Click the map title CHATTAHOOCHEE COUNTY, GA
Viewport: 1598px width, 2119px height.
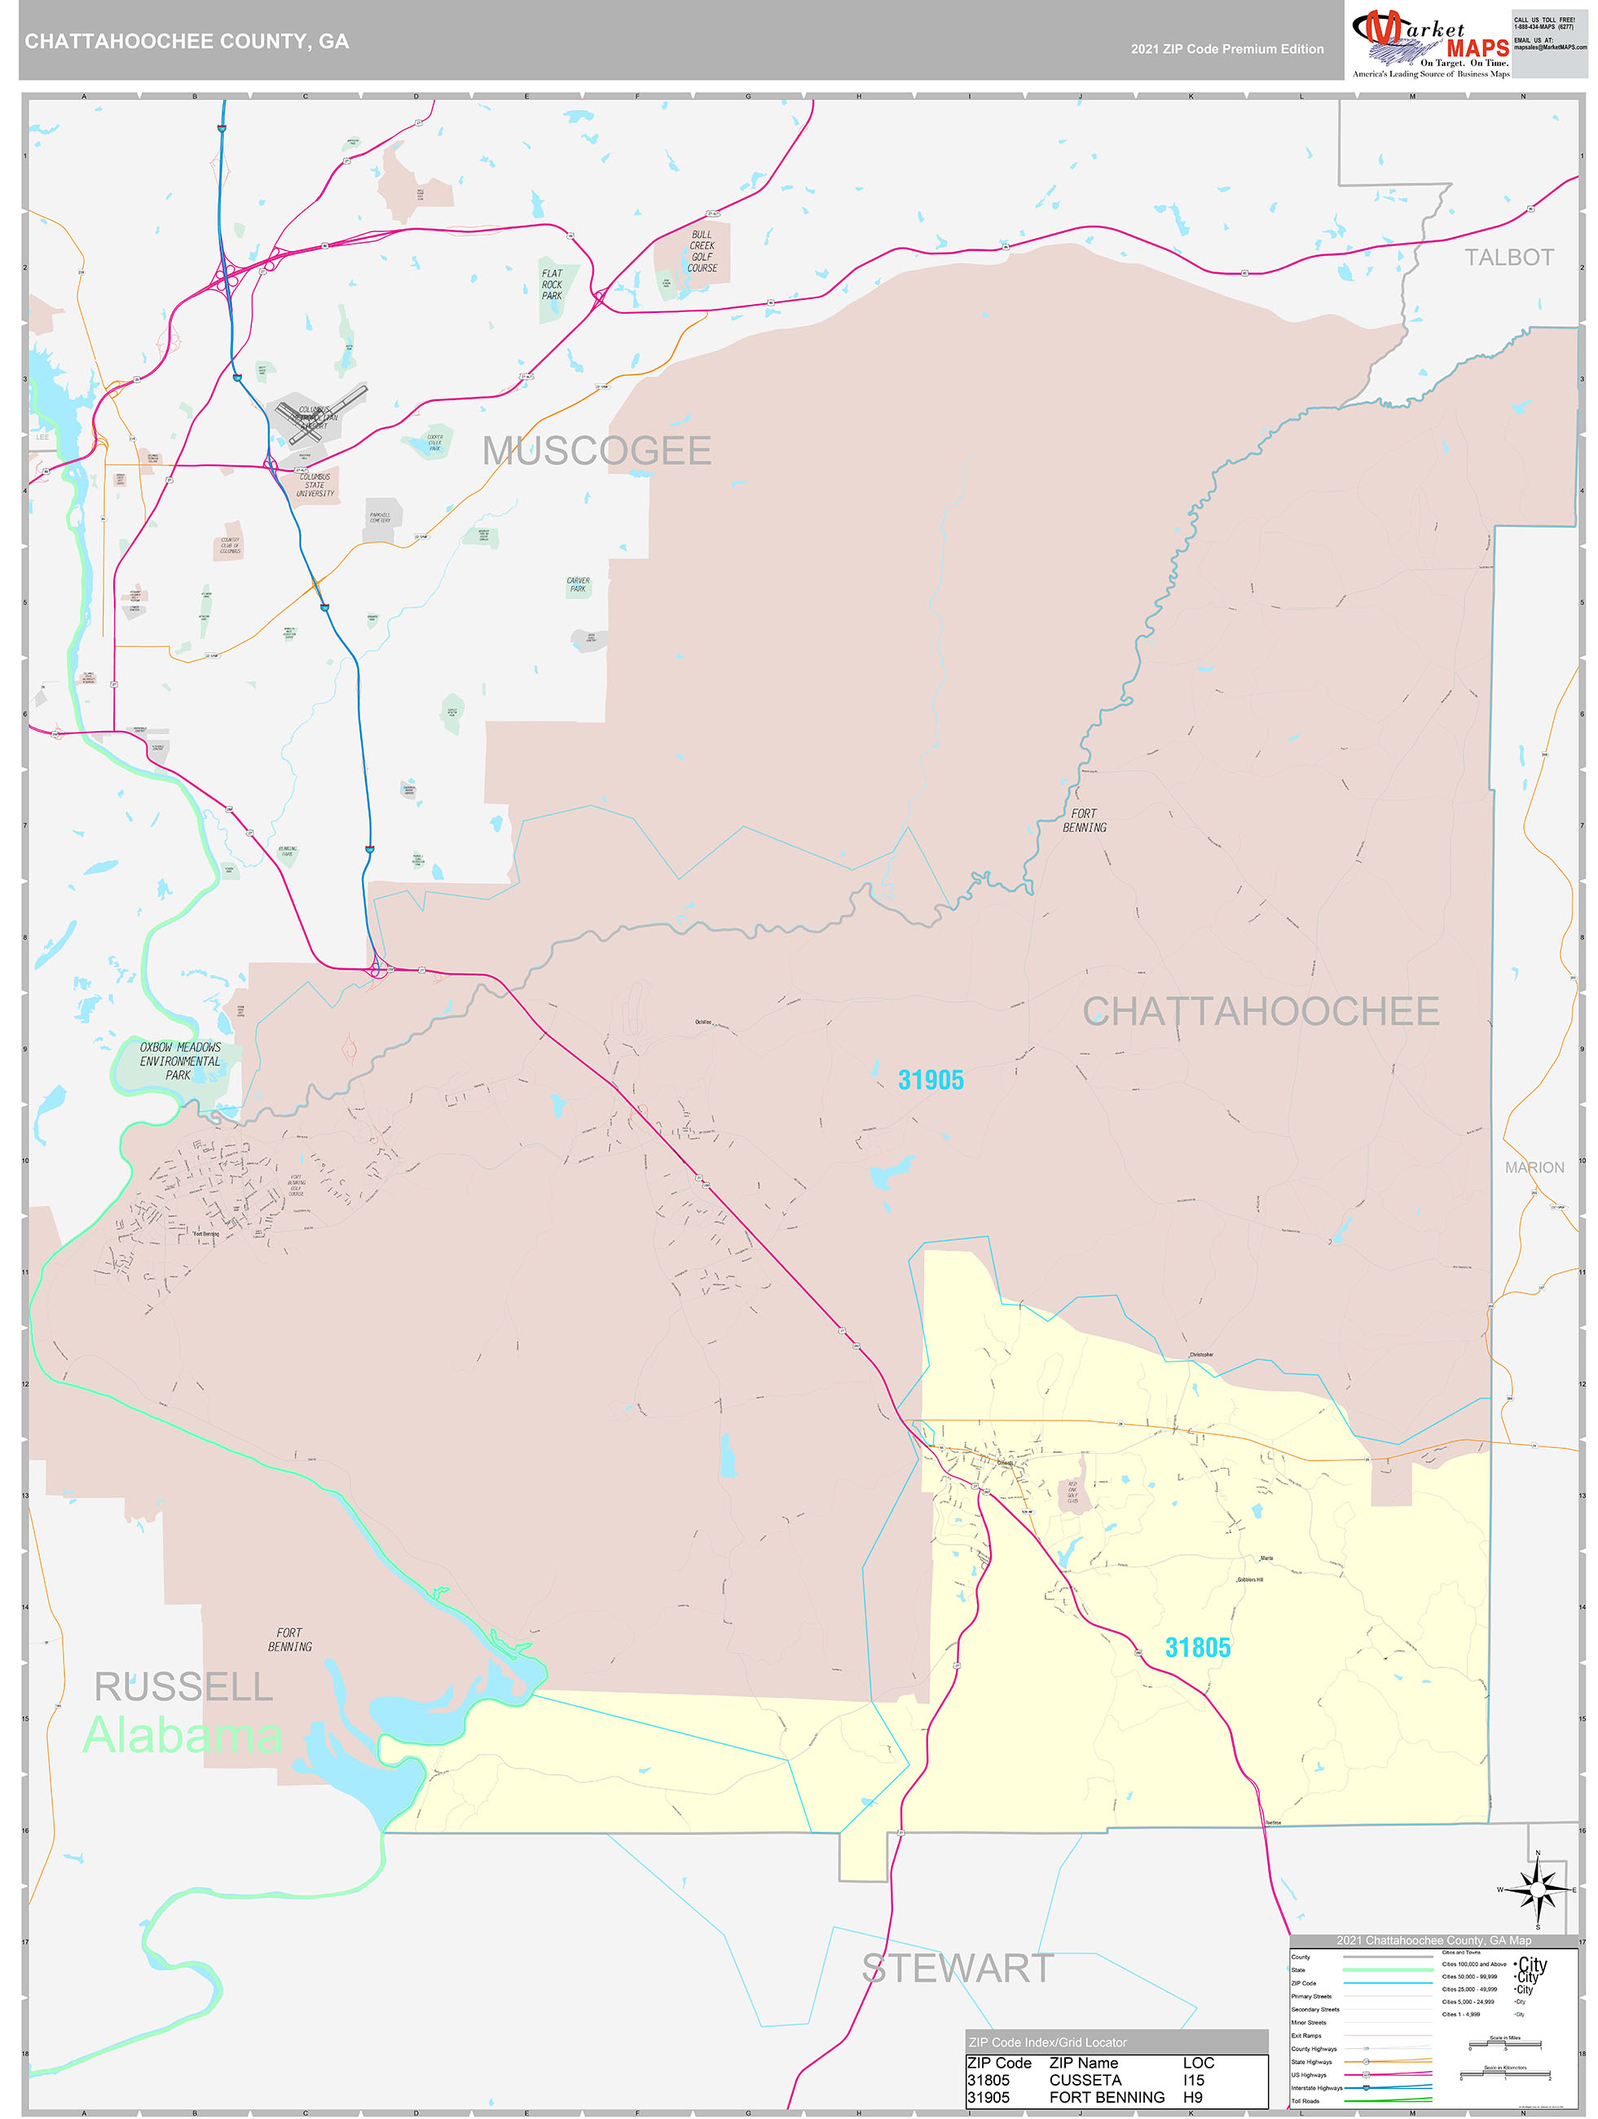coord(187,42)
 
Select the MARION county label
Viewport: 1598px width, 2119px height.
coord(1534,1168)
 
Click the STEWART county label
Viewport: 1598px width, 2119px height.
coord(957,1968)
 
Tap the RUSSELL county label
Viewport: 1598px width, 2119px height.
coord(183,1687)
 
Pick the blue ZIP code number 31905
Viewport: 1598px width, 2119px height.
coord(931,1081)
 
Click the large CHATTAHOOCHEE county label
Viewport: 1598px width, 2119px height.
coord(1260,1011)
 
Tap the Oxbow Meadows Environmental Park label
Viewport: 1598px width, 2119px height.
coord(179,1061)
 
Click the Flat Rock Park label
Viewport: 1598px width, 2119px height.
coord(552,284)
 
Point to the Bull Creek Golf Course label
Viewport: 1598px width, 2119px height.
coord(702,251)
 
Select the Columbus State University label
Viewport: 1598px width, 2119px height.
coord(315,485)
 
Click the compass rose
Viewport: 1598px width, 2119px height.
coord(1537,1890)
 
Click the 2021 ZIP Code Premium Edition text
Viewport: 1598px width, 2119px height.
coord(1226,49)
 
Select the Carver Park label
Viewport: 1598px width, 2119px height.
coord(578,584)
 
